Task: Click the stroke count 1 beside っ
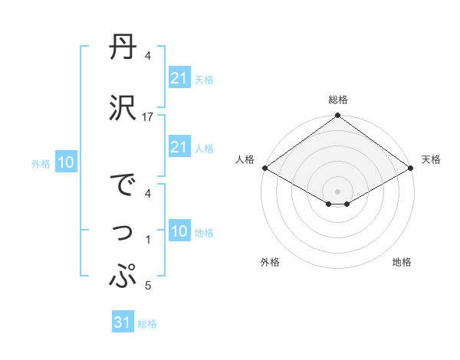point(148,241)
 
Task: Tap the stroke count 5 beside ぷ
point(148,286)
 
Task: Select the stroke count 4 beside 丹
point(148,56)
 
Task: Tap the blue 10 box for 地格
point(179,231)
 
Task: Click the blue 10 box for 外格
point(66,162)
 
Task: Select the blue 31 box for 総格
point(123,322)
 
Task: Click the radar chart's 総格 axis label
point(337,100)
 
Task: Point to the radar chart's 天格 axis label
point(432,159)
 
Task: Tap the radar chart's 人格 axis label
point(244,159)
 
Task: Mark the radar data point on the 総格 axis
point(337,116)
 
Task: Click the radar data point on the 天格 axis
point(412,168)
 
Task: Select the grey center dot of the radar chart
point(337,191)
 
